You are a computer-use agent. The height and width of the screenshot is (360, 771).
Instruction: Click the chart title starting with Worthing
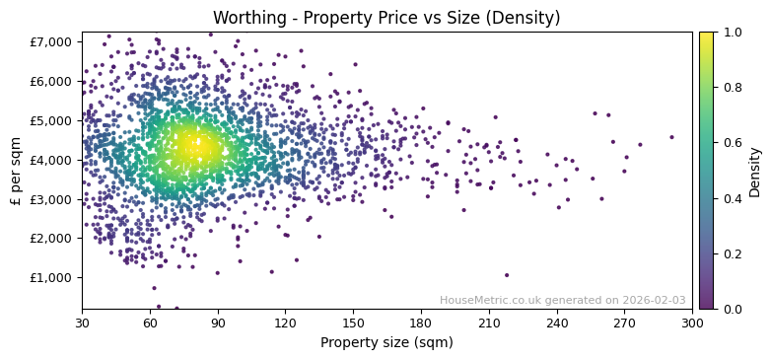coord(386,18)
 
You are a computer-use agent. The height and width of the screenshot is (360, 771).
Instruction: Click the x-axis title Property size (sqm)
coord(386,343)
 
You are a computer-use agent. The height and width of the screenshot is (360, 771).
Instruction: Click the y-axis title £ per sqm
coord(16,171)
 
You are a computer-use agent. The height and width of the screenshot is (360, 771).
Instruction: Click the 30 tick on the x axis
coord(82,323)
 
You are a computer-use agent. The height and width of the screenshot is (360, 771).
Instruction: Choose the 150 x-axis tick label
coord(353,323)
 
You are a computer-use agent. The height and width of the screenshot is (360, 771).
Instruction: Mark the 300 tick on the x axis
coord(692,323)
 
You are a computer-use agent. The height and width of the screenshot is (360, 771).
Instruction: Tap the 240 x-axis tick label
coord(556,323)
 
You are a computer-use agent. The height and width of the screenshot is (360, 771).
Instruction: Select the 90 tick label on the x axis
coord(218,323)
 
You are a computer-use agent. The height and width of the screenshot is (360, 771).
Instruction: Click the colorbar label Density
coord(754,171)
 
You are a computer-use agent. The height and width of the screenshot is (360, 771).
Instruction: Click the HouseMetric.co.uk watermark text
coord(562,300)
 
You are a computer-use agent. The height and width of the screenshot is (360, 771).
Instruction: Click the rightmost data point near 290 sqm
coord(671,137)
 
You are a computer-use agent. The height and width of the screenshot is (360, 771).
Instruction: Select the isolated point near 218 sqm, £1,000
coord(507,275)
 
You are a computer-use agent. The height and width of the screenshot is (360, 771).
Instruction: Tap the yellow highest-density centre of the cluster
coord(191,147)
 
